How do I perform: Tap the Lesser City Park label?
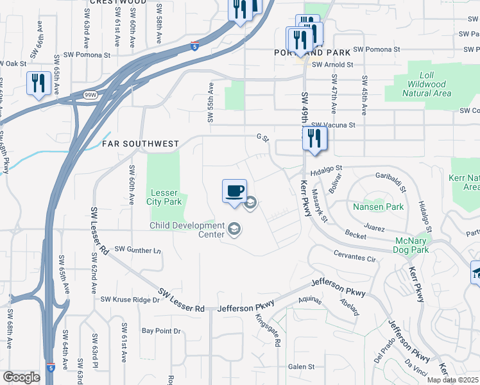coord(166,197)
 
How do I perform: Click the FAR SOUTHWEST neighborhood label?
coord(141,144)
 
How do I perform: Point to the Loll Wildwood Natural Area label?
coord(427,84)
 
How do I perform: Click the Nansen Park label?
coord(378,207)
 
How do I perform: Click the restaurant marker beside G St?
coord(314,138)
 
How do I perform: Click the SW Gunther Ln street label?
coord(139,249)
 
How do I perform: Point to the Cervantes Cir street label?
coord(354,258)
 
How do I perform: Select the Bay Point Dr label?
coord(161,331)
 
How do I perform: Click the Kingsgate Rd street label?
coord(268,330)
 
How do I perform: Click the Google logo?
coord(21,377)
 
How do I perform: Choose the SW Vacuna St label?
coord(332,126)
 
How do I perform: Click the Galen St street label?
coord(300,367)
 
